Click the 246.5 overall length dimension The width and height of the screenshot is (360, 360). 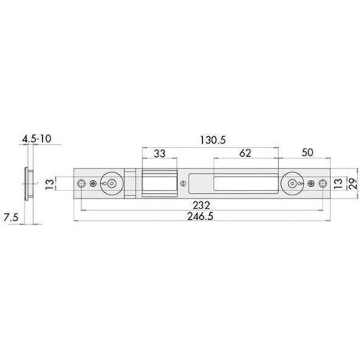click(x=200, y=217)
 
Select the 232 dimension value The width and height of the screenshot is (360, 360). click(x=201, y=205)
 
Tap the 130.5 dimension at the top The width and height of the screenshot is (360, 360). click(x=213, y=140)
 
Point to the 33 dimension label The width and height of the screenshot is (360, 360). click(x=159, y=154)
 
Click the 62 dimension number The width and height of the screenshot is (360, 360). click(x=245, y=153)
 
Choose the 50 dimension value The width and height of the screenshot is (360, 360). click(x=307, y=152)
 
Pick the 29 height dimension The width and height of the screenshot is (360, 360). click(x=353, y=183)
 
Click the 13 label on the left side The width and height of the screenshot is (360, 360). click(x=50, y=184)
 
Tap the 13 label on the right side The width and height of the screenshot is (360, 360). click(x=338, y=183)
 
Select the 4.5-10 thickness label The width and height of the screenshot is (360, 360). click(x=37, y=139)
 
